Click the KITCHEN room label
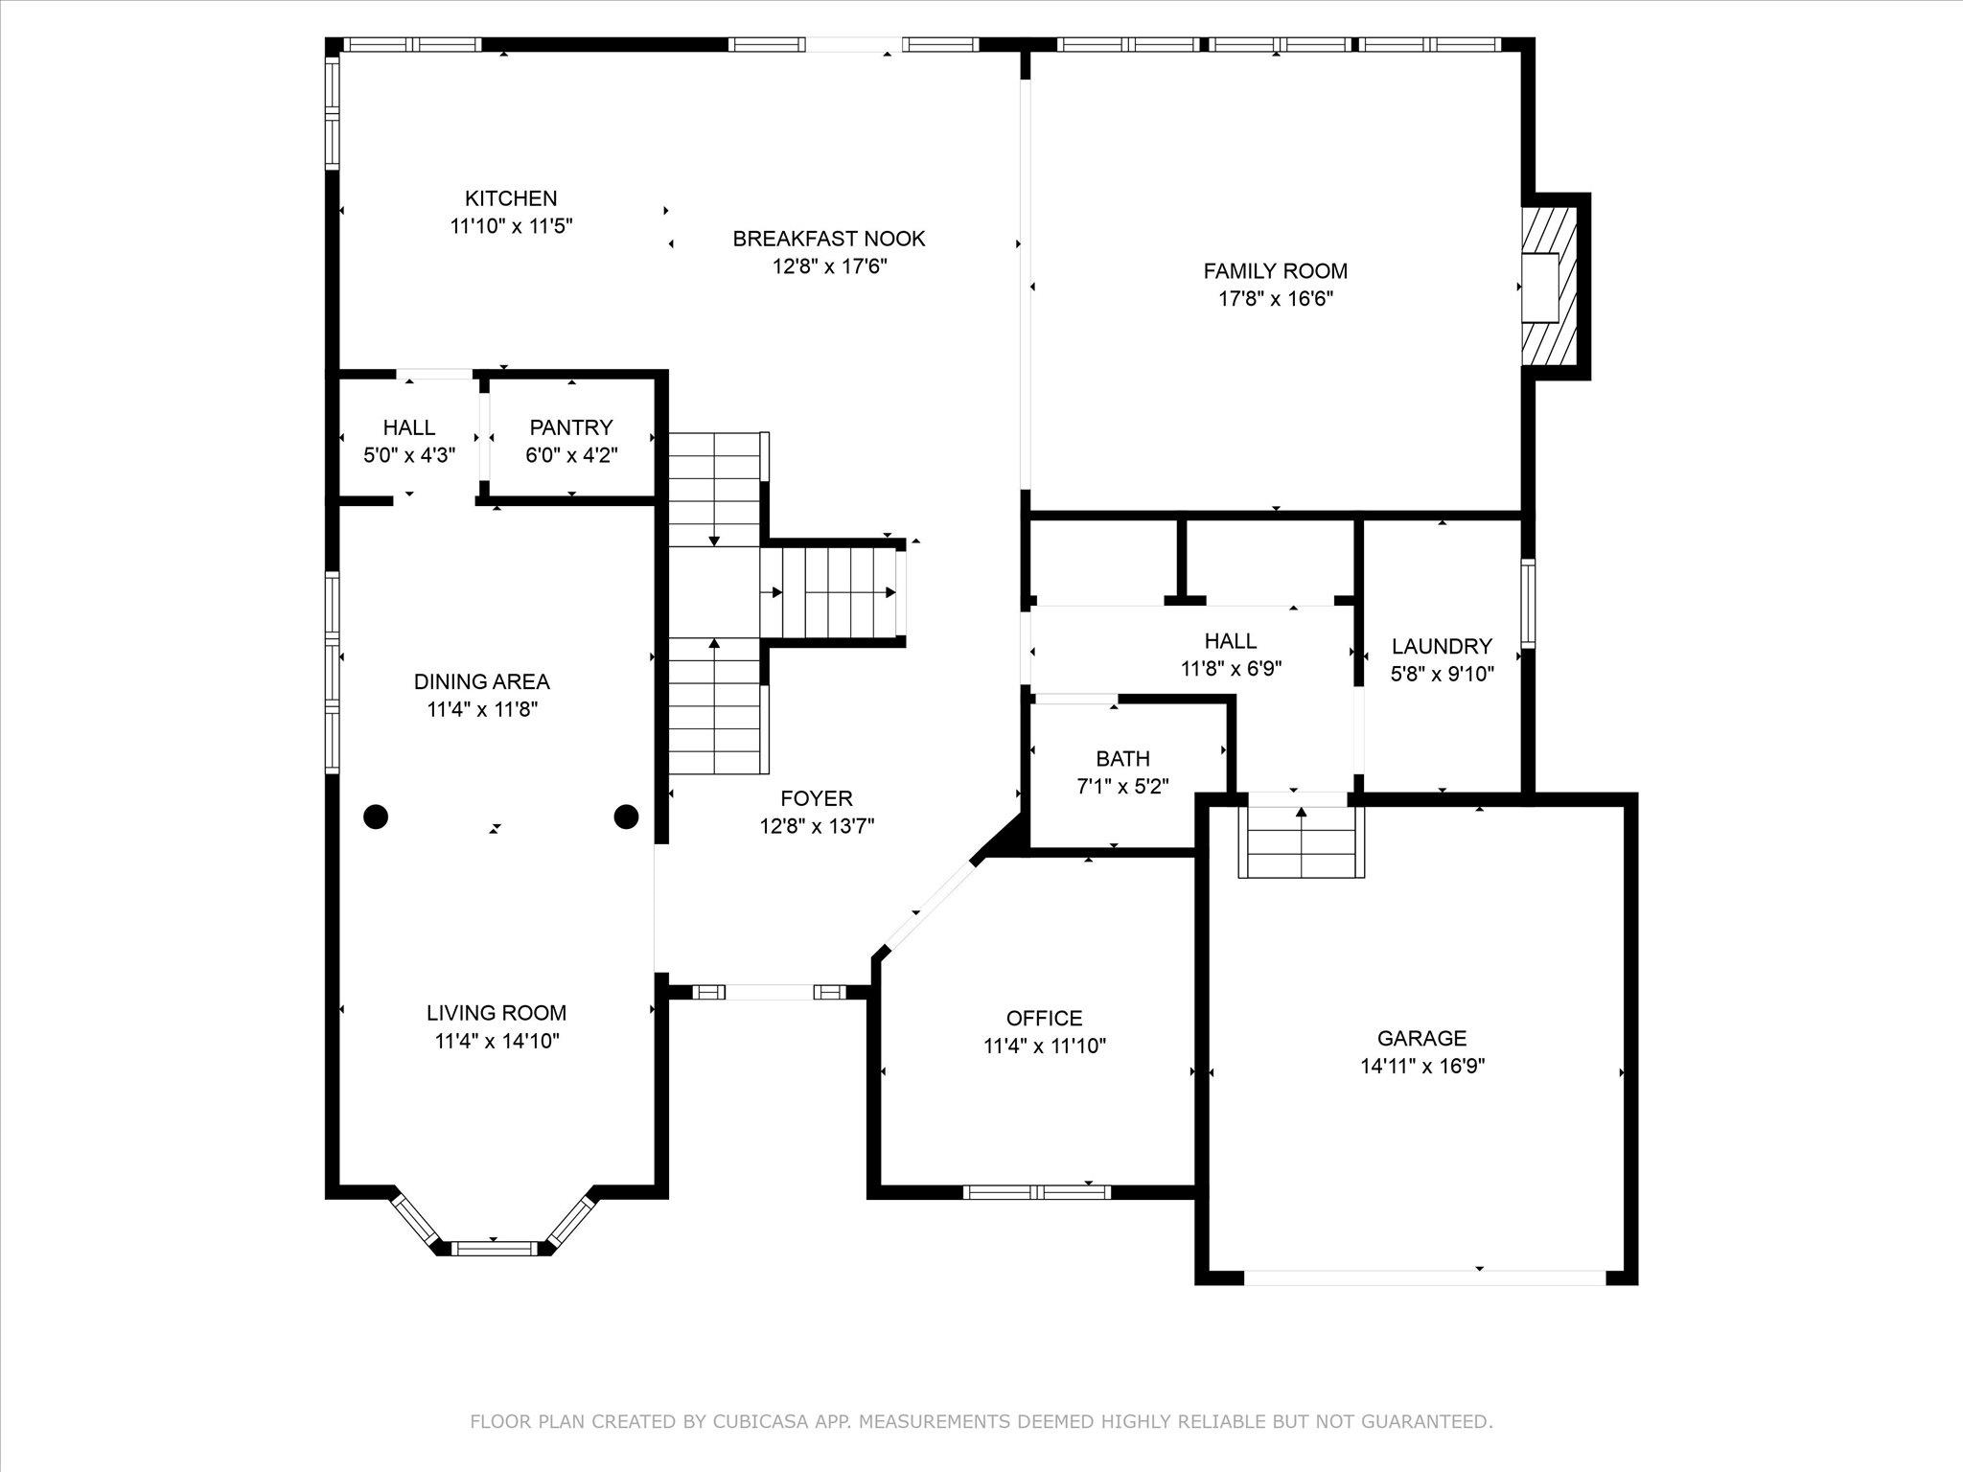[x=511, y=198]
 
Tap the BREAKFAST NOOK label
[x=829, y=239]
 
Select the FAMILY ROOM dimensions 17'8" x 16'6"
[x=1276, y=299]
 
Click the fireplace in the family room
[x=1550, y=287]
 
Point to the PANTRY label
[x=571, y=427]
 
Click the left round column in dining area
[x=376, y=816]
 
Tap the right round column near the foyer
[x=626, y=816]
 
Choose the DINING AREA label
[x=482, y=682]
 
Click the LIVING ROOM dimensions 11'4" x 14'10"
[x=497, y=1041]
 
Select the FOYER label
[x=817, y=798]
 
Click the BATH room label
[x=1122, y=759]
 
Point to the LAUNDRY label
[x=1443, y=647]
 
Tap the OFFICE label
[x=1045, y=1018]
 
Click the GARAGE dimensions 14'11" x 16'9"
[x=1422, y=1066]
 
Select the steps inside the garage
[x=1302, y=841]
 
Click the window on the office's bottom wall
[x=1037, y=1192]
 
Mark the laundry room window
[x=1529, y=604]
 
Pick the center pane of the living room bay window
[x=497, y=1248]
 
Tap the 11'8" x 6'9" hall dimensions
[x=1232, y=669]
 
